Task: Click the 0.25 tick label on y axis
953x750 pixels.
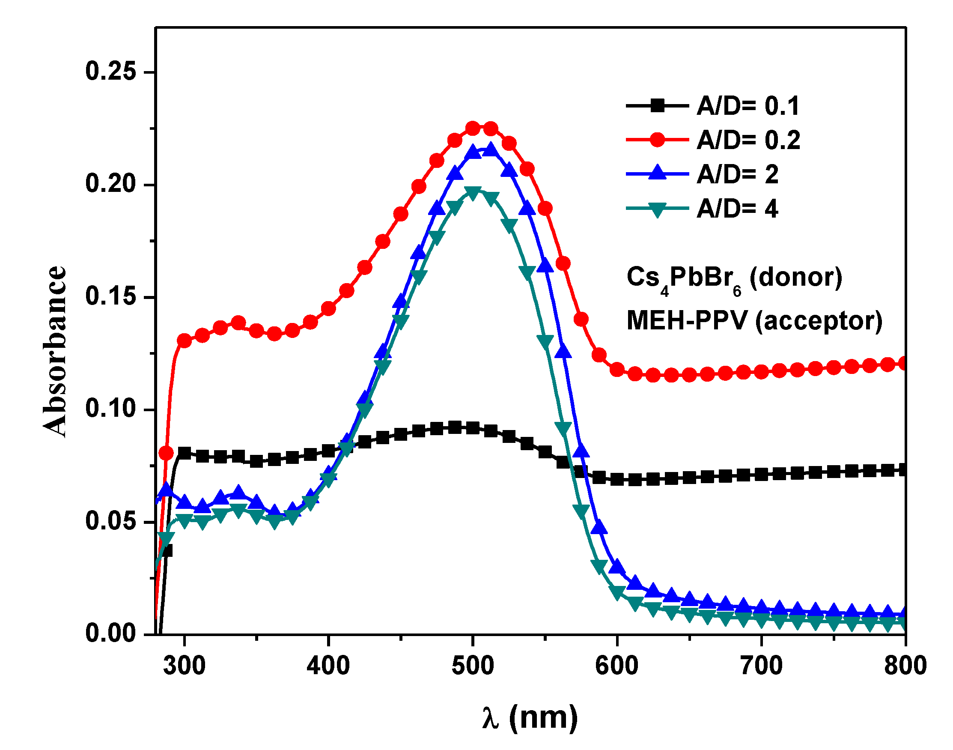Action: click(x=111, y=71)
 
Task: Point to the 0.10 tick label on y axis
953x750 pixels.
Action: click(x=111, y=408)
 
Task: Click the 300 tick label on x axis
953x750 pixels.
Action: click(x=185, y=666)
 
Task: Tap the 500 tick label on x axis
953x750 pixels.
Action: click(x=473, y=666)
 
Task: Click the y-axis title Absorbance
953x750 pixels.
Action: click(x=55, y=351)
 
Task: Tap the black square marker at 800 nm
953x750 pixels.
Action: click(x=903, y=470)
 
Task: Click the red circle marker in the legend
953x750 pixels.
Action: click(x=657, y=140)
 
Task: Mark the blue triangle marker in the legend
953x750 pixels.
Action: click(x=657, y=173)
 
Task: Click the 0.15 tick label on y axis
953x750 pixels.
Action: click(x=111, y=296)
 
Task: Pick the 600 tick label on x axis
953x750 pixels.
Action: click(x=617, y=666)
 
